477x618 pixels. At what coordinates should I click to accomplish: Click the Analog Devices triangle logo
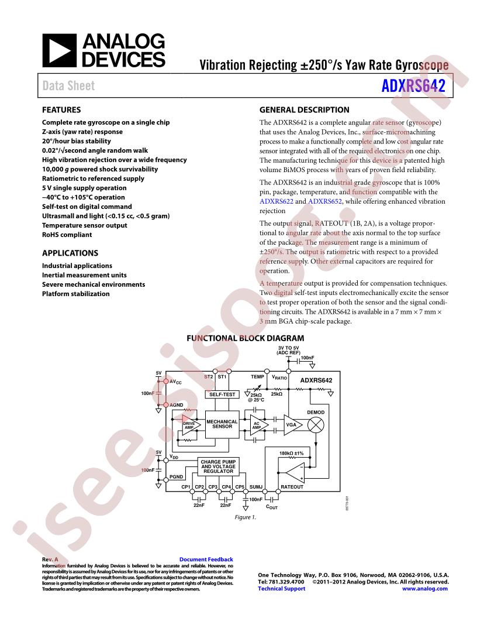(59, 50)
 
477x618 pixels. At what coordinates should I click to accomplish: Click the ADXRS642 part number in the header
(413, 86)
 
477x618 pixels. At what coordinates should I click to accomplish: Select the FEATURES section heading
(61, 109)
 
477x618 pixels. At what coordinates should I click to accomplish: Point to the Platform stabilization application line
(75, 294)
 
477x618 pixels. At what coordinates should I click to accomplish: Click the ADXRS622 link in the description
(276, 201)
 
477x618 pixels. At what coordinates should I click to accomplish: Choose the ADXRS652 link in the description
(325, 201)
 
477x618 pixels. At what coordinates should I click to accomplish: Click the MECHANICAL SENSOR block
(221, 424)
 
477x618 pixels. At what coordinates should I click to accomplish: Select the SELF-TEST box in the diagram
(222, 394)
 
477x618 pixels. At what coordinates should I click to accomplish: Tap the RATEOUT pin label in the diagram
(292, 487)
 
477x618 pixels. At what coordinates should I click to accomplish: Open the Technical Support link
(281, 589)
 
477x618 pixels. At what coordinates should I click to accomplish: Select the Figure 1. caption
(246, 517)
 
